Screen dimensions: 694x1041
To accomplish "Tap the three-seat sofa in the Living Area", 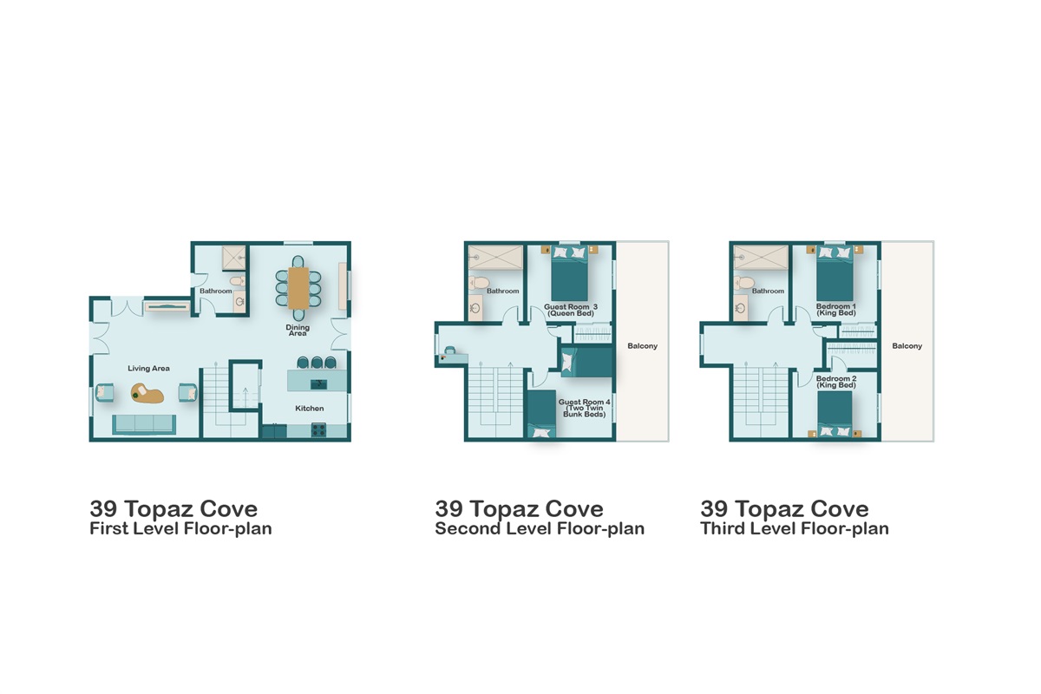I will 144,423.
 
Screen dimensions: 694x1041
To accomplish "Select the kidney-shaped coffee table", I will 148,395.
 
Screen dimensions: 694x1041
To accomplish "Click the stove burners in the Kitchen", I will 318,429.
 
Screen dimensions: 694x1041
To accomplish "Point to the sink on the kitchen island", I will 318,383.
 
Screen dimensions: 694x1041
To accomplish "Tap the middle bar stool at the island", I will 317,362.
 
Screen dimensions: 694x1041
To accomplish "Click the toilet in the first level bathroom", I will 235,280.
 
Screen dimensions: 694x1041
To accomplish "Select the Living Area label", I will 148,369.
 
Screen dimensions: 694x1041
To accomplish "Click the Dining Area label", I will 298,331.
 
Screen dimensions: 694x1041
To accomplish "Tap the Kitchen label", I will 310,409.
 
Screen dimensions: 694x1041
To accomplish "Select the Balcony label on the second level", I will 642,346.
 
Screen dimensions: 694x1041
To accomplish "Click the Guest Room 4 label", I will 584,409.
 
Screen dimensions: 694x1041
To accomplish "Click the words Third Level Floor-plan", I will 795,528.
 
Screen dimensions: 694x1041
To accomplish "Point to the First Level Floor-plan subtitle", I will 180,528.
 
